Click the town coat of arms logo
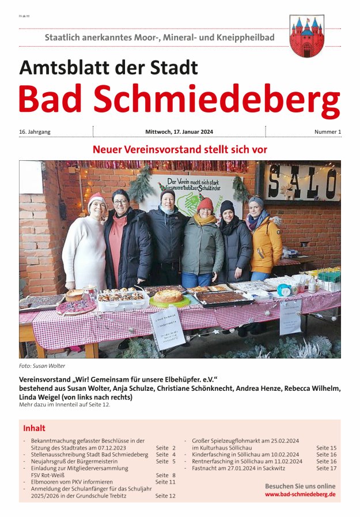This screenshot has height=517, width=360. click(x=306, y=36)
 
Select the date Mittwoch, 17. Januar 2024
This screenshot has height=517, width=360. click(x=179, y=132)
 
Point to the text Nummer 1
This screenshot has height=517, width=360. click(x=327, y=132)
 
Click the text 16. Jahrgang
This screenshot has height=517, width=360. click(x=35, y=132)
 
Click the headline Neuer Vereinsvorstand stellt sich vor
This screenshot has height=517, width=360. click(x=180, y=149)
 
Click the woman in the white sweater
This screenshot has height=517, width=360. click(x=85, y=248)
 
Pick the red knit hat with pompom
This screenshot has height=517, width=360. click(x=205, y=203)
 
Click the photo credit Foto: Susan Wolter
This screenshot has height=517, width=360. click(x=41, y=366)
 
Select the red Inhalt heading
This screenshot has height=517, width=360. click(x=34, y=428)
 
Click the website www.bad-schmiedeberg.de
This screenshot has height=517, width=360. click(x=300, y=495)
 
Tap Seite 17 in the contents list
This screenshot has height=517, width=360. click(x=326, y=468)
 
